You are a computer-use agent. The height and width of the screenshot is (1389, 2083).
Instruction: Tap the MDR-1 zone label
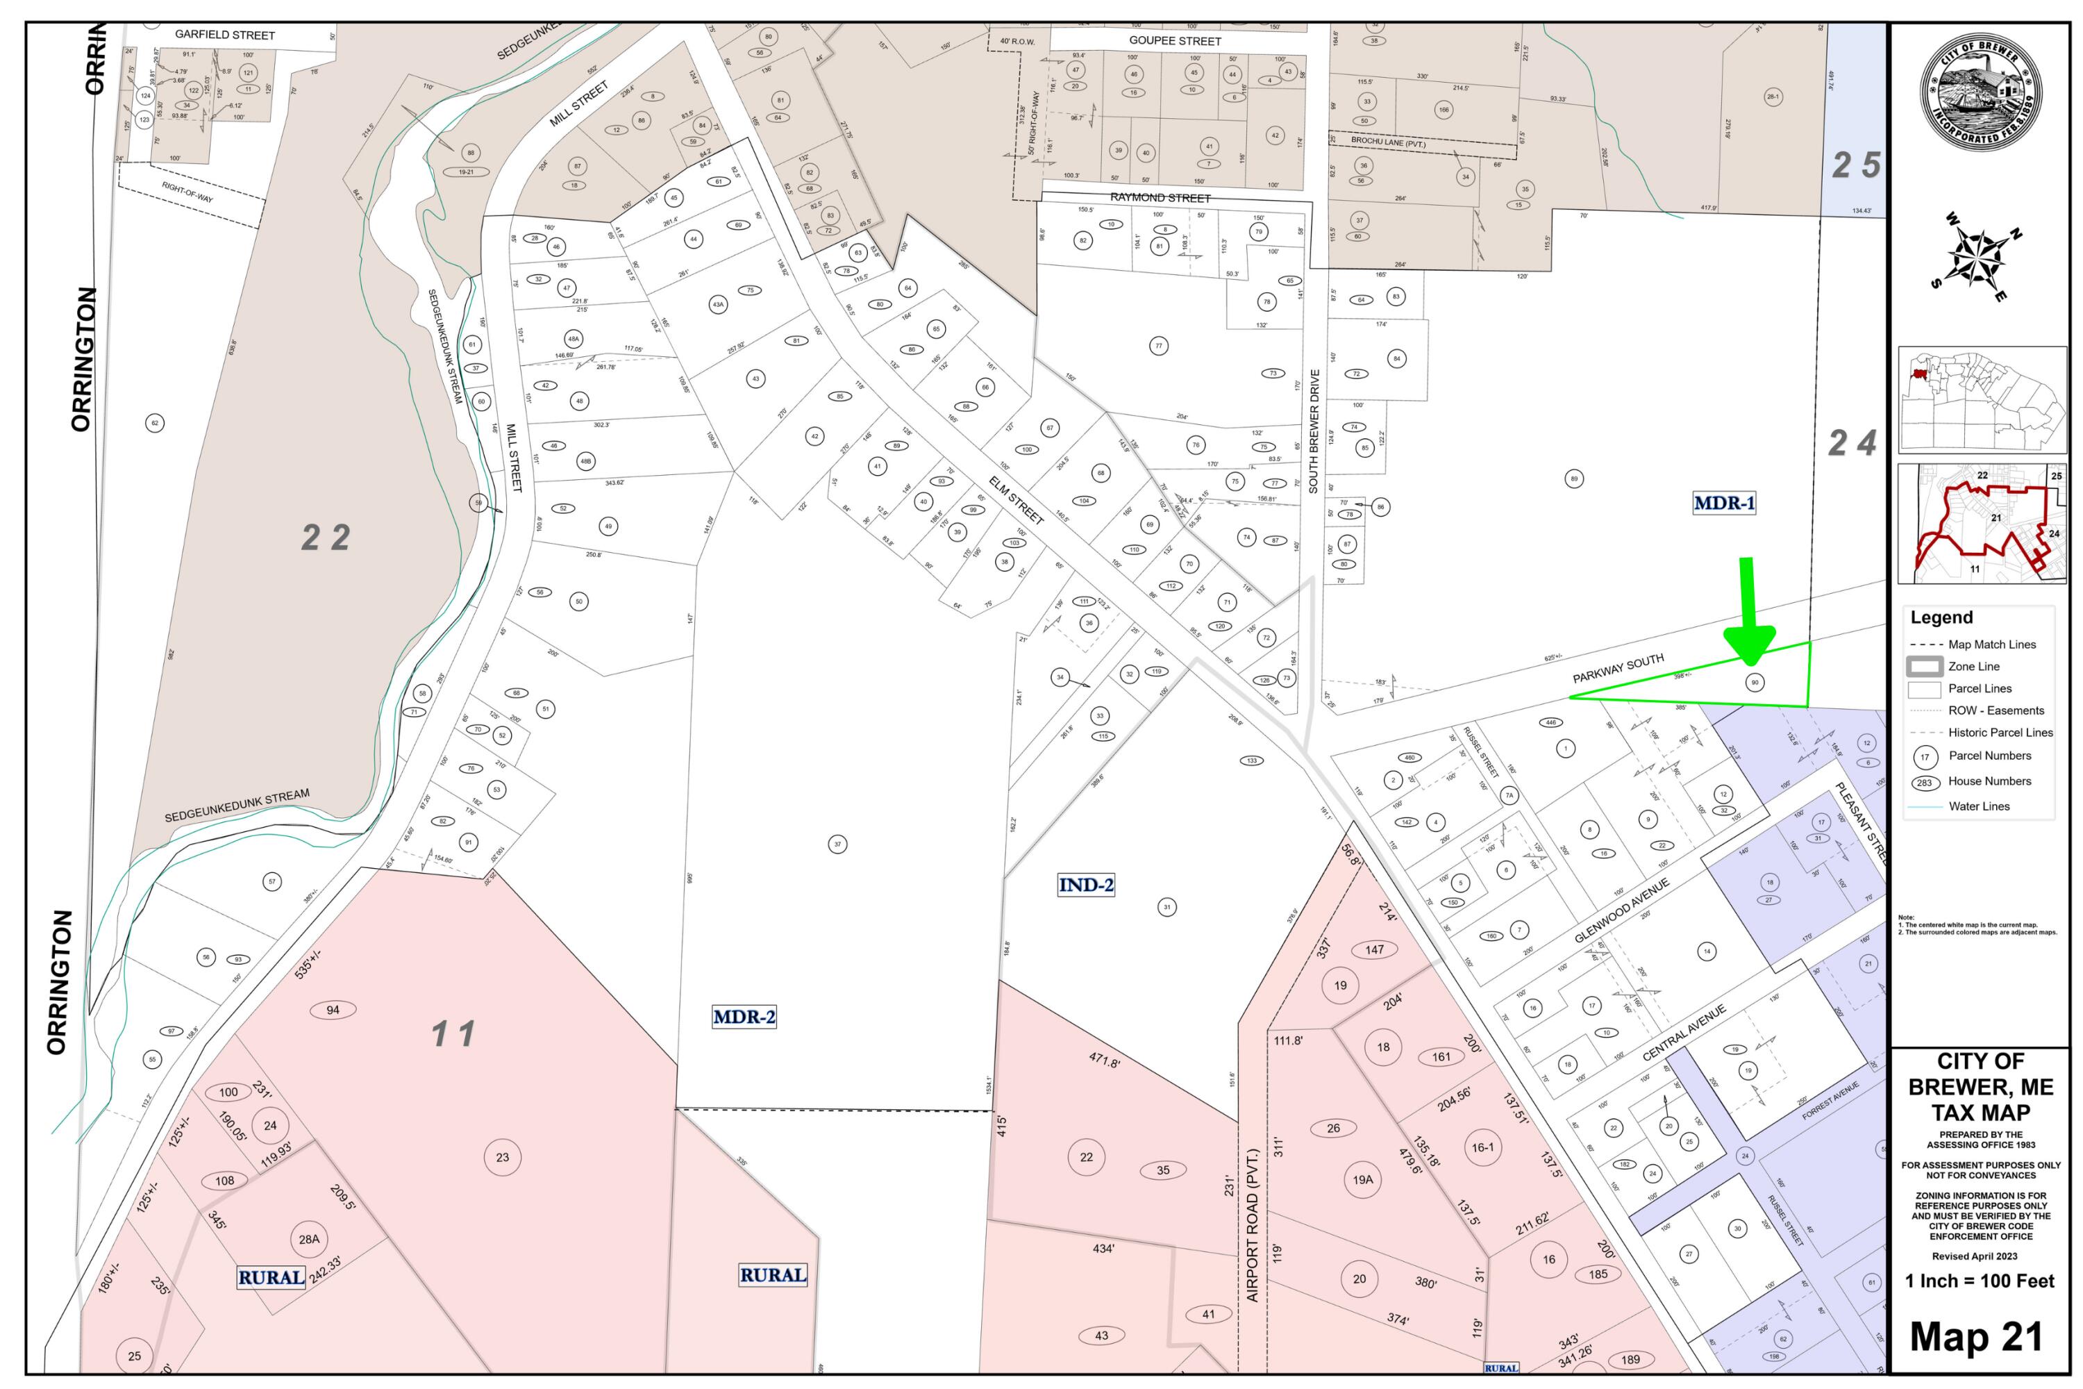pos(1723,503)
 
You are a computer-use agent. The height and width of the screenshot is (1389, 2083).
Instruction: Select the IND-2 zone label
pos(1086,884)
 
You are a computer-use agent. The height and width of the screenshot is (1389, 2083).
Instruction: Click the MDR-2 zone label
pos(744,1017)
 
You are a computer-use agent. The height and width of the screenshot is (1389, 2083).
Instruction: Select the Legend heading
pos(1941,617)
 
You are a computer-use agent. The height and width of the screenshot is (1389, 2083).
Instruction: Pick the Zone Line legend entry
pos(1973,666)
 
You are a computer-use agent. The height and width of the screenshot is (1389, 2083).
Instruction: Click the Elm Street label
pos(1016,498)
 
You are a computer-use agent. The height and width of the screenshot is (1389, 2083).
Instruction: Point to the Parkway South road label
pos(1618,669)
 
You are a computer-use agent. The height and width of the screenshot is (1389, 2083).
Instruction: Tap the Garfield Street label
pos(225,35)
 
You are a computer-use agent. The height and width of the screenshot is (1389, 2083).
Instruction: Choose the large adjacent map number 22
pos(326,537)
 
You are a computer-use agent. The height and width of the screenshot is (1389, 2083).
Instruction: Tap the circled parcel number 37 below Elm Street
pos(837,845)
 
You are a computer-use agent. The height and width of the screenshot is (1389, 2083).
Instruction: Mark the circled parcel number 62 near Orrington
pos(155,424)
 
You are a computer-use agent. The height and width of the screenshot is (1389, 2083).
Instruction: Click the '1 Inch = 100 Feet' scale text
pos(1980,1281)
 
